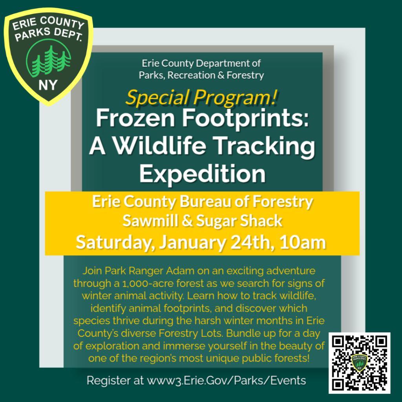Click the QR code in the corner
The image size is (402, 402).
coord(360,363)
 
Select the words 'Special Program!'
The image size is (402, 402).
coord(202,98)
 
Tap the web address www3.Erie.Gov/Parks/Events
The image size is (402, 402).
coord(226,380)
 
